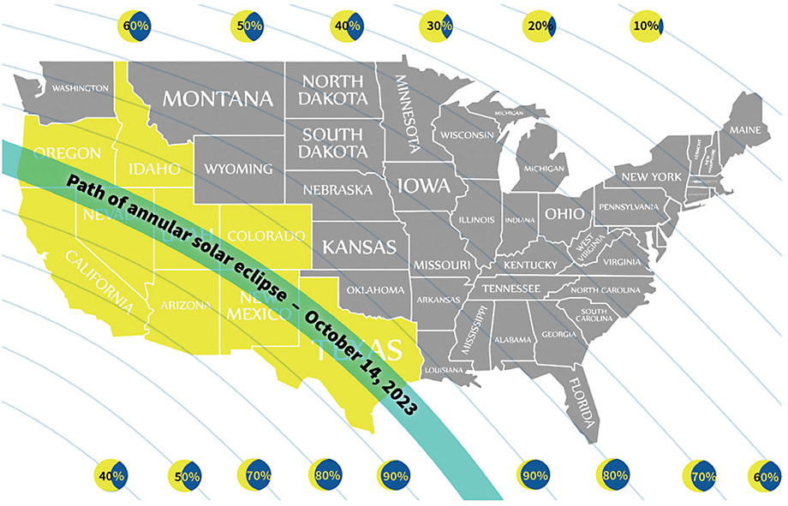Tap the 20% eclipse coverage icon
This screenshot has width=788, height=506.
(540, 27)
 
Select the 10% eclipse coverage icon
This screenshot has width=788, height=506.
(646, 27)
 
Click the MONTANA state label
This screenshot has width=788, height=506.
(218, 98)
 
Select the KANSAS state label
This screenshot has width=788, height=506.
(360, 247)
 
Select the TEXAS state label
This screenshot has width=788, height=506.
(357, 348)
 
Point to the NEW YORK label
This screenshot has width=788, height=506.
(650, 176)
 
